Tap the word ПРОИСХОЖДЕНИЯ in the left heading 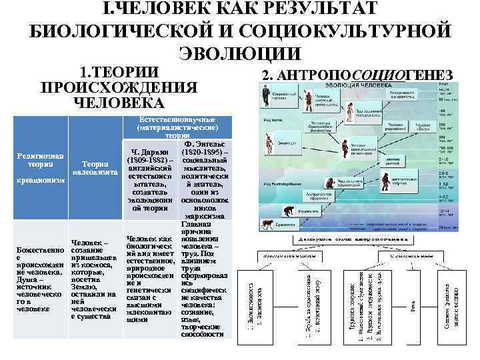click(119, 88)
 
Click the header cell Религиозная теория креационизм click(41, 168)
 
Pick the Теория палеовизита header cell click(95, 169)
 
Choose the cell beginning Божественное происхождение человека click(41, 280)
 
